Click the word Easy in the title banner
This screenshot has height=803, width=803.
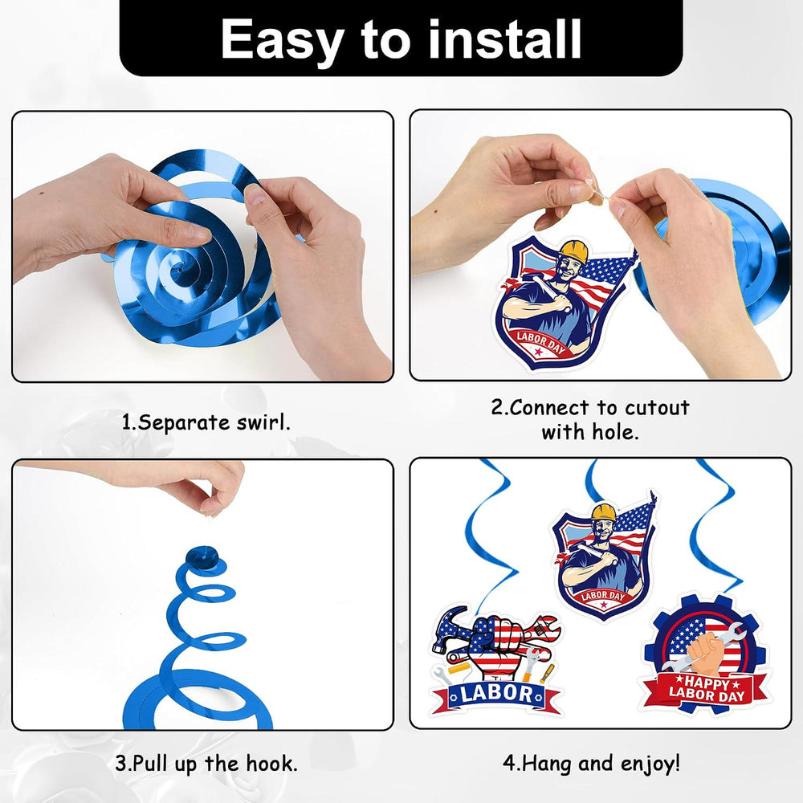[x=282, y=40]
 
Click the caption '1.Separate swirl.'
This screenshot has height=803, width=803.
[x=206, y=423]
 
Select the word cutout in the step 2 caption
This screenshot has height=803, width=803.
[x=657, y=408]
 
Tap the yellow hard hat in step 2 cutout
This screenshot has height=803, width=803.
[x=574, y=251]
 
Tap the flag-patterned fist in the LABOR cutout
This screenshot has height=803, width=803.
[x=494, y=642]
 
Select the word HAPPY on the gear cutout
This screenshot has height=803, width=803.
[x=707, y=683]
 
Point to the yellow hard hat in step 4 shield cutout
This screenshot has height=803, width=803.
[x=603, y=512]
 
